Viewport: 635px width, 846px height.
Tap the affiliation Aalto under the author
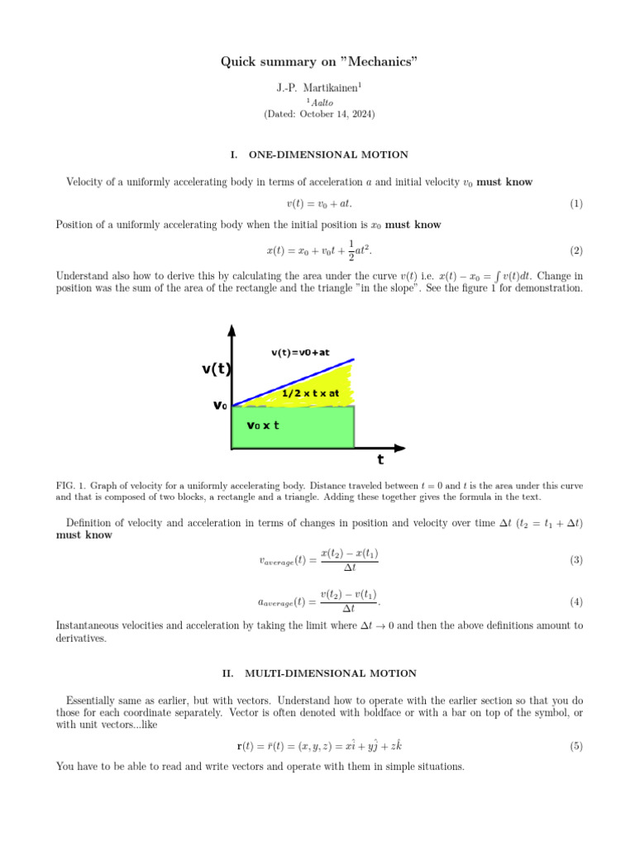pyautogui.click(x=319, y=102)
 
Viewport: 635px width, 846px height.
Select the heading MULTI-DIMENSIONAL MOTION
pyautogui.click(x=331, y=673)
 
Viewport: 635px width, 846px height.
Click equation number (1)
pyautogui.click(x=576, y=203)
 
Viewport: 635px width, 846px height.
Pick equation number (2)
pyautogui.click(x=576, y=250)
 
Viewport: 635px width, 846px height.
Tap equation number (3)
pyautogui.click(x=576, y=560)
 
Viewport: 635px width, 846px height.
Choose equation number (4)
pyautogui.click(x=576, y=602)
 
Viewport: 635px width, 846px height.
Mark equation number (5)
pyautogui.click(x=576, y=746)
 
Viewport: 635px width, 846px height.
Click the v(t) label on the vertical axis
pyautogui.click(x=216, y=369)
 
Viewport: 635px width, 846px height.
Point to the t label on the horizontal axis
pyautogui.click(x=380, y=460)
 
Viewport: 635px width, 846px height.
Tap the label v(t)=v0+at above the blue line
pyautogui.click(x=300, y=353)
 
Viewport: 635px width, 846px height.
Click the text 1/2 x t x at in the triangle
pyautogui.click(x=311, y=393)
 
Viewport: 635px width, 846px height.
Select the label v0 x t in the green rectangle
pyautogui.click(x=264, y=425)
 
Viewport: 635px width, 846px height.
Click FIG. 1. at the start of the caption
pyautogui.click(x=69, y=486)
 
